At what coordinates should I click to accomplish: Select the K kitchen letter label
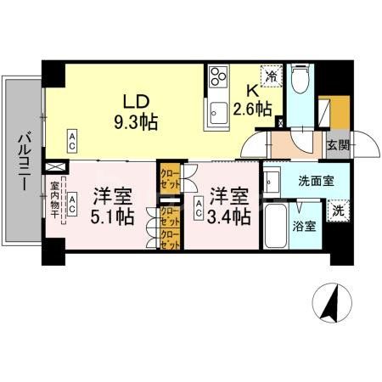pyautogui.click(x=252, y=91)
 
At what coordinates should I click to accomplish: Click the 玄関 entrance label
pyautogui.click(x=337, y=145)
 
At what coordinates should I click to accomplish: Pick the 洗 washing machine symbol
pyautogui.click(x=338, y=210)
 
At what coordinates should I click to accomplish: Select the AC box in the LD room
pyautogui.click(x=74, y=138)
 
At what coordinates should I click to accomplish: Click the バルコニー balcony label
pyautogui.click(x=23, y=161)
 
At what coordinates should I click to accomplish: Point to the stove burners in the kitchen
pyautogui.click(x=219, y=77)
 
